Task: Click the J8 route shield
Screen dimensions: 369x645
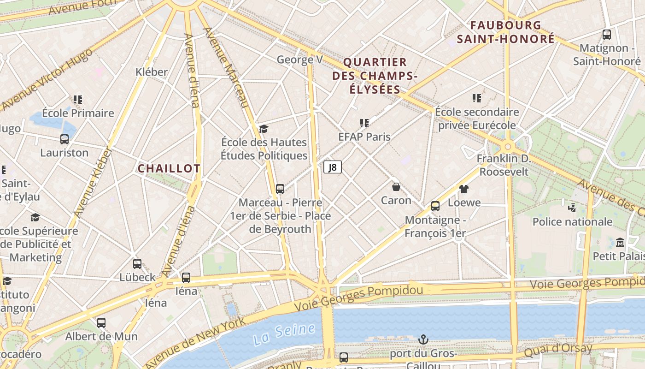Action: [x=333, y=167]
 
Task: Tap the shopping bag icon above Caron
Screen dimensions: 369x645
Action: [x=396, y=187]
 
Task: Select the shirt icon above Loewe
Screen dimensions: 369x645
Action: [x=463, y=189]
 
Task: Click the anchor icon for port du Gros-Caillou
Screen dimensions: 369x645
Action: [x=423, y=340]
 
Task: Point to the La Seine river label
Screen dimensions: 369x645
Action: [x=284, y=334]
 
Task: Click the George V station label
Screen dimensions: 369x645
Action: [x=299, y=60]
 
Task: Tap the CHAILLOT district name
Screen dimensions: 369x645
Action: [x=169, y=169]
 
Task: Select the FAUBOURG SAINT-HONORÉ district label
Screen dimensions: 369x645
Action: [x=505, y=32]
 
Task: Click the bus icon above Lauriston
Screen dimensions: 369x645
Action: [x=64, y=139]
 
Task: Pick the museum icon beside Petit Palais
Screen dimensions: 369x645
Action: [x=620, y=242]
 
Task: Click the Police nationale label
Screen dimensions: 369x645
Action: [x=572, y=222]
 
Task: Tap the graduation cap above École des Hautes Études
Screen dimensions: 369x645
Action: [x=264, y=129]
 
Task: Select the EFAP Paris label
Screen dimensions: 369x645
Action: [x=364, y=137]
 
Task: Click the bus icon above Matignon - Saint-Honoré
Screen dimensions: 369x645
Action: [x=607, y=34]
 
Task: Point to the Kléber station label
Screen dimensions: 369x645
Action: [x=152, y=72]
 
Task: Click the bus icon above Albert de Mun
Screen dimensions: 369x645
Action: [x=101, y=323]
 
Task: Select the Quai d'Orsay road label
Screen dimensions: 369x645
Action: [x=558, y=350]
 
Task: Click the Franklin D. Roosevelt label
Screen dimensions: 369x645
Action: [x=504, y=165]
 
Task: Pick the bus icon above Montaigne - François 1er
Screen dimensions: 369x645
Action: [x=435, y=206]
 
